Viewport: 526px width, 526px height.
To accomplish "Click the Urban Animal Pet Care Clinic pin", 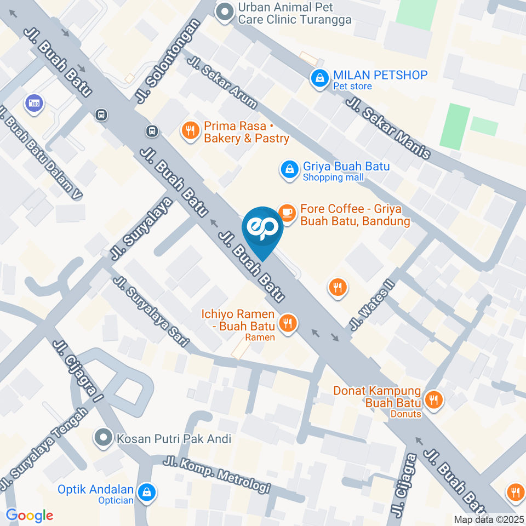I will point(224,13).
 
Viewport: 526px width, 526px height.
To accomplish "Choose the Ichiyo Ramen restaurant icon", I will point(287,323).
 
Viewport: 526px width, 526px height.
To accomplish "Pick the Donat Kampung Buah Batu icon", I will point(434,399).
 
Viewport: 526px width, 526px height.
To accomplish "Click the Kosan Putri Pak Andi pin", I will point(102,438).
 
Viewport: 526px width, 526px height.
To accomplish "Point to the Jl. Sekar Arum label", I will point(221,82).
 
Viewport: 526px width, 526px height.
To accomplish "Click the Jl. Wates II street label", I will point(372,307).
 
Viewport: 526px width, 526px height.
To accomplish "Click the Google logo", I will point(30,515).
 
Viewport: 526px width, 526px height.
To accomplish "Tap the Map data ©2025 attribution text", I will point(489,519).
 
